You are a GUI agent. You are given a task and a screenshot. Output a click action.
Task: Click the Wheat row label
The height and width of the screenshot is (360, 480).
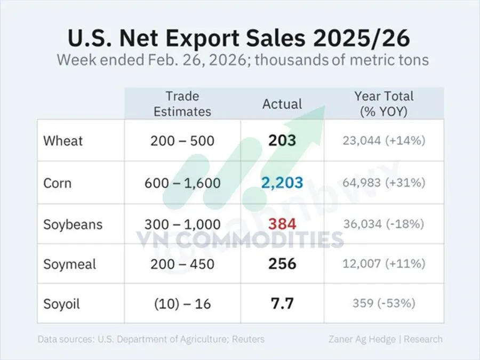point(63,141)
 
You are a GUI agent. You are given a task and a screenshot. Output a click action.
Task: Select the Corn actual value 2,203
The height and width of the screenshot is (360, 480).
point(282,183)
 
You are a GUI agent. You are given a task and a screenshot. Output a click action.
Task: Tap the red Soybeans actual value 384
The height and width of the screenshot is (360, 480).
point(282,223)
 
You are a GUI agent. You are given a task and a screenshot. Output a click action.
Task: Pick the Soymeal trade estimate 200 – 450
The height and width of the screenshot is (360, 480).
point(182,264)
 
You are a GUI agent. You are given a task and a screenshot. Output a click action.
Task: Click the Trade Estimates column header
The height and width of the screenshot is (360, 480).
point(182,103)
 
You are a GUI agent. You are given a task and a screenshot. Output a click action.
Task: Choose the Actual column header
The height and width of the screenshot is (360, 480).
point(282,103)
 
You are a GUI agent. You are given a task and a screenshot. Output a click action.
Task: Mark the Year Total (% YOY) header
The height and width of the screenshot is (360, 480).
point(384,103)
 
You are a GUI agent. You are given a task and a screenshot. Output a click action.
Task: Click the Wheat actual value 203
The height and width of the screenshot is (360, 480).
point(282,141)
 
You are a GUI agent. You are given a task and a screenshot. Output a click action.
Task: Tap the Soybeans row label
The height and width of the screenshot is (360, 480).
point(73,223)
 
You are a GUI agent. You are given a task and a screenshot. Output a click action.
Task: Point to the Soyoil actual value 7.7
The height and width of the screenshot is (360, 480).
point(282,304)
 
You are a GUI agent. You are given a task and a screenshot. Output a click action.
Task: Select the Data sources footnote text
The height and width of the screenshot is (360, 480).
point(151,339)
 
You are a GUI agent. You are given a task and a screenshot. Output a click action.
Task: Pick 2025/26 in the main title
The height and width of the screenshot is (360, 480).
point(367,38)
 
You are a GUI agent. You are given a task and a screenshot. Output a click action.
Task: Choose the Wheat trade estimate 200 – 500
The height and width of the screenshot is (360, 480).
point(182,141)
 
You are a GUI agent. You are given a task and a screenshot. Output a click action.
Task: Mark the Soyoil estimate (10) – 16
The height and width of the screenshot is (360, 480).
point(182,304)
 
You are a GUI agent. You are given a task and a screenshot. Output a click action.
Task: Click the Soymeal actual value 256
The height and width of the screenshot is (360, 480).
point(282,264)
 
